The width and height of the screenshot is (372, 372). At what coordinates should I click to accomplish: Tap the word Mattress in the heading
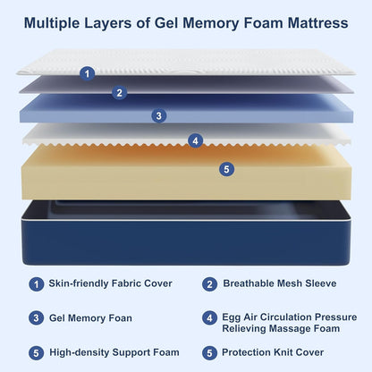[x=313, y=21]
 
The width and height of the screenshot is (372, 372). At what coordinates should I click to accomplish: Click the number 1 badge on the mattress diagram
[x=87, y=73]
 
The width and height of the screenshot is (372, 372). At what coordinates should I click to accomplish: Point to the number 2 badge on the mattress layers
[x=120, y=92]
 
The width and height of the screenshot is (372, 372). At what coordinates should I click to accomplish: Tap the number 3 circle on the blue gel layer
[x=158, y=115]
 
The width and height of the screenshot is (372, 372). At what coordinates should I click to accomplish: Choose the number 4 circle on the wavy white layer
[x=196, y=140]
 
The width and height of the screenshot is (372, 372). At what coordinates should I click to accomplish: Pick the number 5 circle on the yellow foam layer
[x=227, y=168]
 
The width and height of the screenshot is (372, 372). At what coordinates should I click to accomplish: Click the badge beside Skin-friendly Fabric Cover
[x=36, y=284]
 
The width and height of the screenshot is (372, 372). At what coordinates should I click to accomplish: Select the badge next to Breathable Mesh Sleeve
[x=209, y=284]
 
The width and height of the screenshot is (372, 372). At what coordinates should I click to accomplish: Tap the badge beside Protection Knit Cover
[x=209, y=352]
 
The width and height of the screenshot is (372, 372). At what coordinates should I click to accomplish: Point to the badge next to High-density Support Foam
[x=36, y=352]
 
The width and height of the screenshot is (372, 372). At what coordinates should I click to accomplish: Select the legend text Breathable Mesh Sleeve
[x=281, y=284]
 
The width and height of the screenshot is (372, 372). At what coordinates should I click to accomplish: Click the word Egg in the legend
[x=233, y=317]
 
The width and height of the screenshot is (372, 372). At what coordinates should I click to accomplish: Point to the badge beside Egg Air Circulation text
[x=209, y=317]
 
